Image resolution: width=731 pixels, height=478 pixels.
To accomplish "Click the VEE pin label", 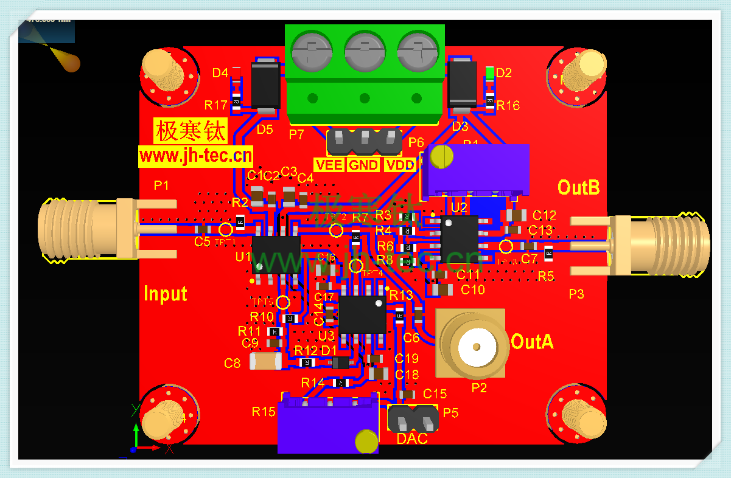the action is [x=329, y=165].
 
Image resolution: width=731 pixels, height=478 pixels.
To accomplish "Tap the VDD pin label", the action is [x=400, y=165].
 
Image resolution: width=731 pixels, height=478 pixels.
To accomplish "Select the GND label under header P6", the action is [x=363, y=165].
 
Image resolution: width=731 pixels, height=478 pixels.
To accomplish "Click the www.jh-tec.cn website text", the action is [x=195, y=156].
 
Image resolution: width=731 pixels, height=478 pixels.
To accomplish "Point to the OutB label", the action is [x=579, y=187].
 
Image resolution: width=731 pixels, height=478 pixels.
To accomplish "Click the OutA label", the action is [x=532, y=342].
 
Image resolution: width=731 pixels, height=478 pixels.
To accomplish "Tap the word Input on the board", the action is [x=165, y=294].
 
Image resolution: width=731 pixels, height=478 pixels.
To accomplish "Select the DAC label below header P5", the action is [x=412, y=438].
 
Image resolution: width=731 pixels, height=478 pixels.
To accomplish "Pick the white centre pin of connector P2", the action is [x=475, y=346].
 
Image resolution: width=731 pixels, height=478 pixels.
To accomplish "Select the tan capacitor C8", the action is [x=266, y=362].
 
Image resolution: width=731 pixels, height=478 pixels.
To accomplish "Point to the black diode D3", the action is [x=462, y=85].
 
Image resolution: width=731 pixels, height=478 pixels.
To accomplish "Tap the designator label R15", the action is [x=264, y=412].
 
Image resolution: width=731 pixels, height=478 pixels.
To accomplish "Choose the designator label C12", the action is [x=544, y=215].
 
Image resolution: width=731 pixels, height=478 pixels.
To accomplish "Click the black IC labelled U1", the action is [x=276, y=255].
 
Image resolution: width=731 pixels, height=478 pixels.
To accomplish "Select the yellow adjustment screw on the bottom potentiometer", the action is [x=366, y=441].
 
